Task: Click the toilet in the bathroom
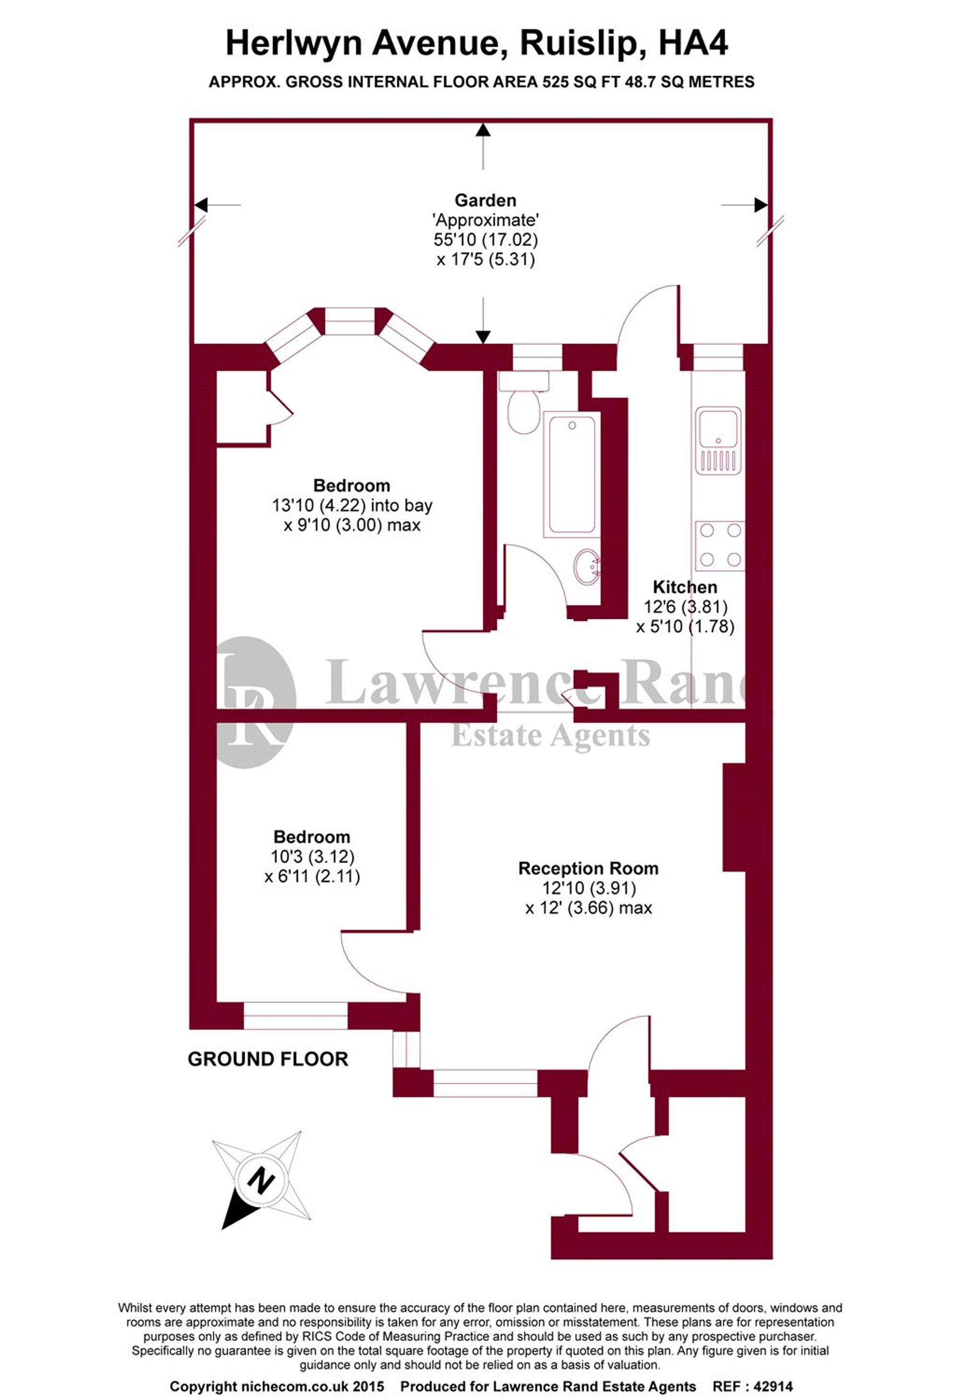pos(523,408)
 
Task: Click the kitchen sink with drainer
pos(719,440)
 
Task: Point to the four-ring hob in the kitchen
pos(720,546)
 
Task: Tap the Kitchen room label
pos(684,587)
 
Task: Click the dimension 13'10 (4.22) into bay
pos(352,505)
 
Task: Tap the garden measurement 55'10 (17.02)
pos(485,240)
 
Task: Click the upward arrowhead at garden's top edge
pos(483,130)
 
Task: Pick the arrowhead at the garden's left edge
pos(201,205)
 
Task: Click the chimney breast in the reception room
pos(734,817)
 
